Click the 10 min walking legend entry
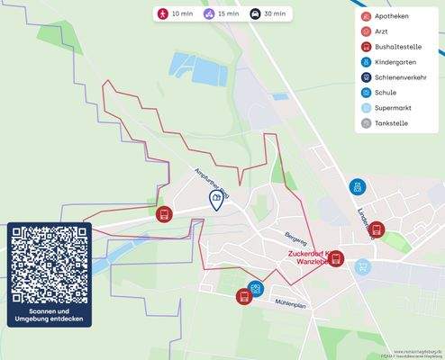(174, 14)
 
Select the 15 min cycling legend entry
(220, 14)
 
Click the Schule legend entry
(382, 93)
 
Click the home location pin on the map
(216, 199)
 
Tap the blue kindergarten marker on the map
(358, 187)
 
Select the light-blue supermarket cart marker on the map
(362, 266)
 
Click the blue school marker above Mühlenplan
(257, 288)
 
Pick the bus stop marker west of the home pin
(164, 214)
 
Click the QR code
(50, 265)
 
